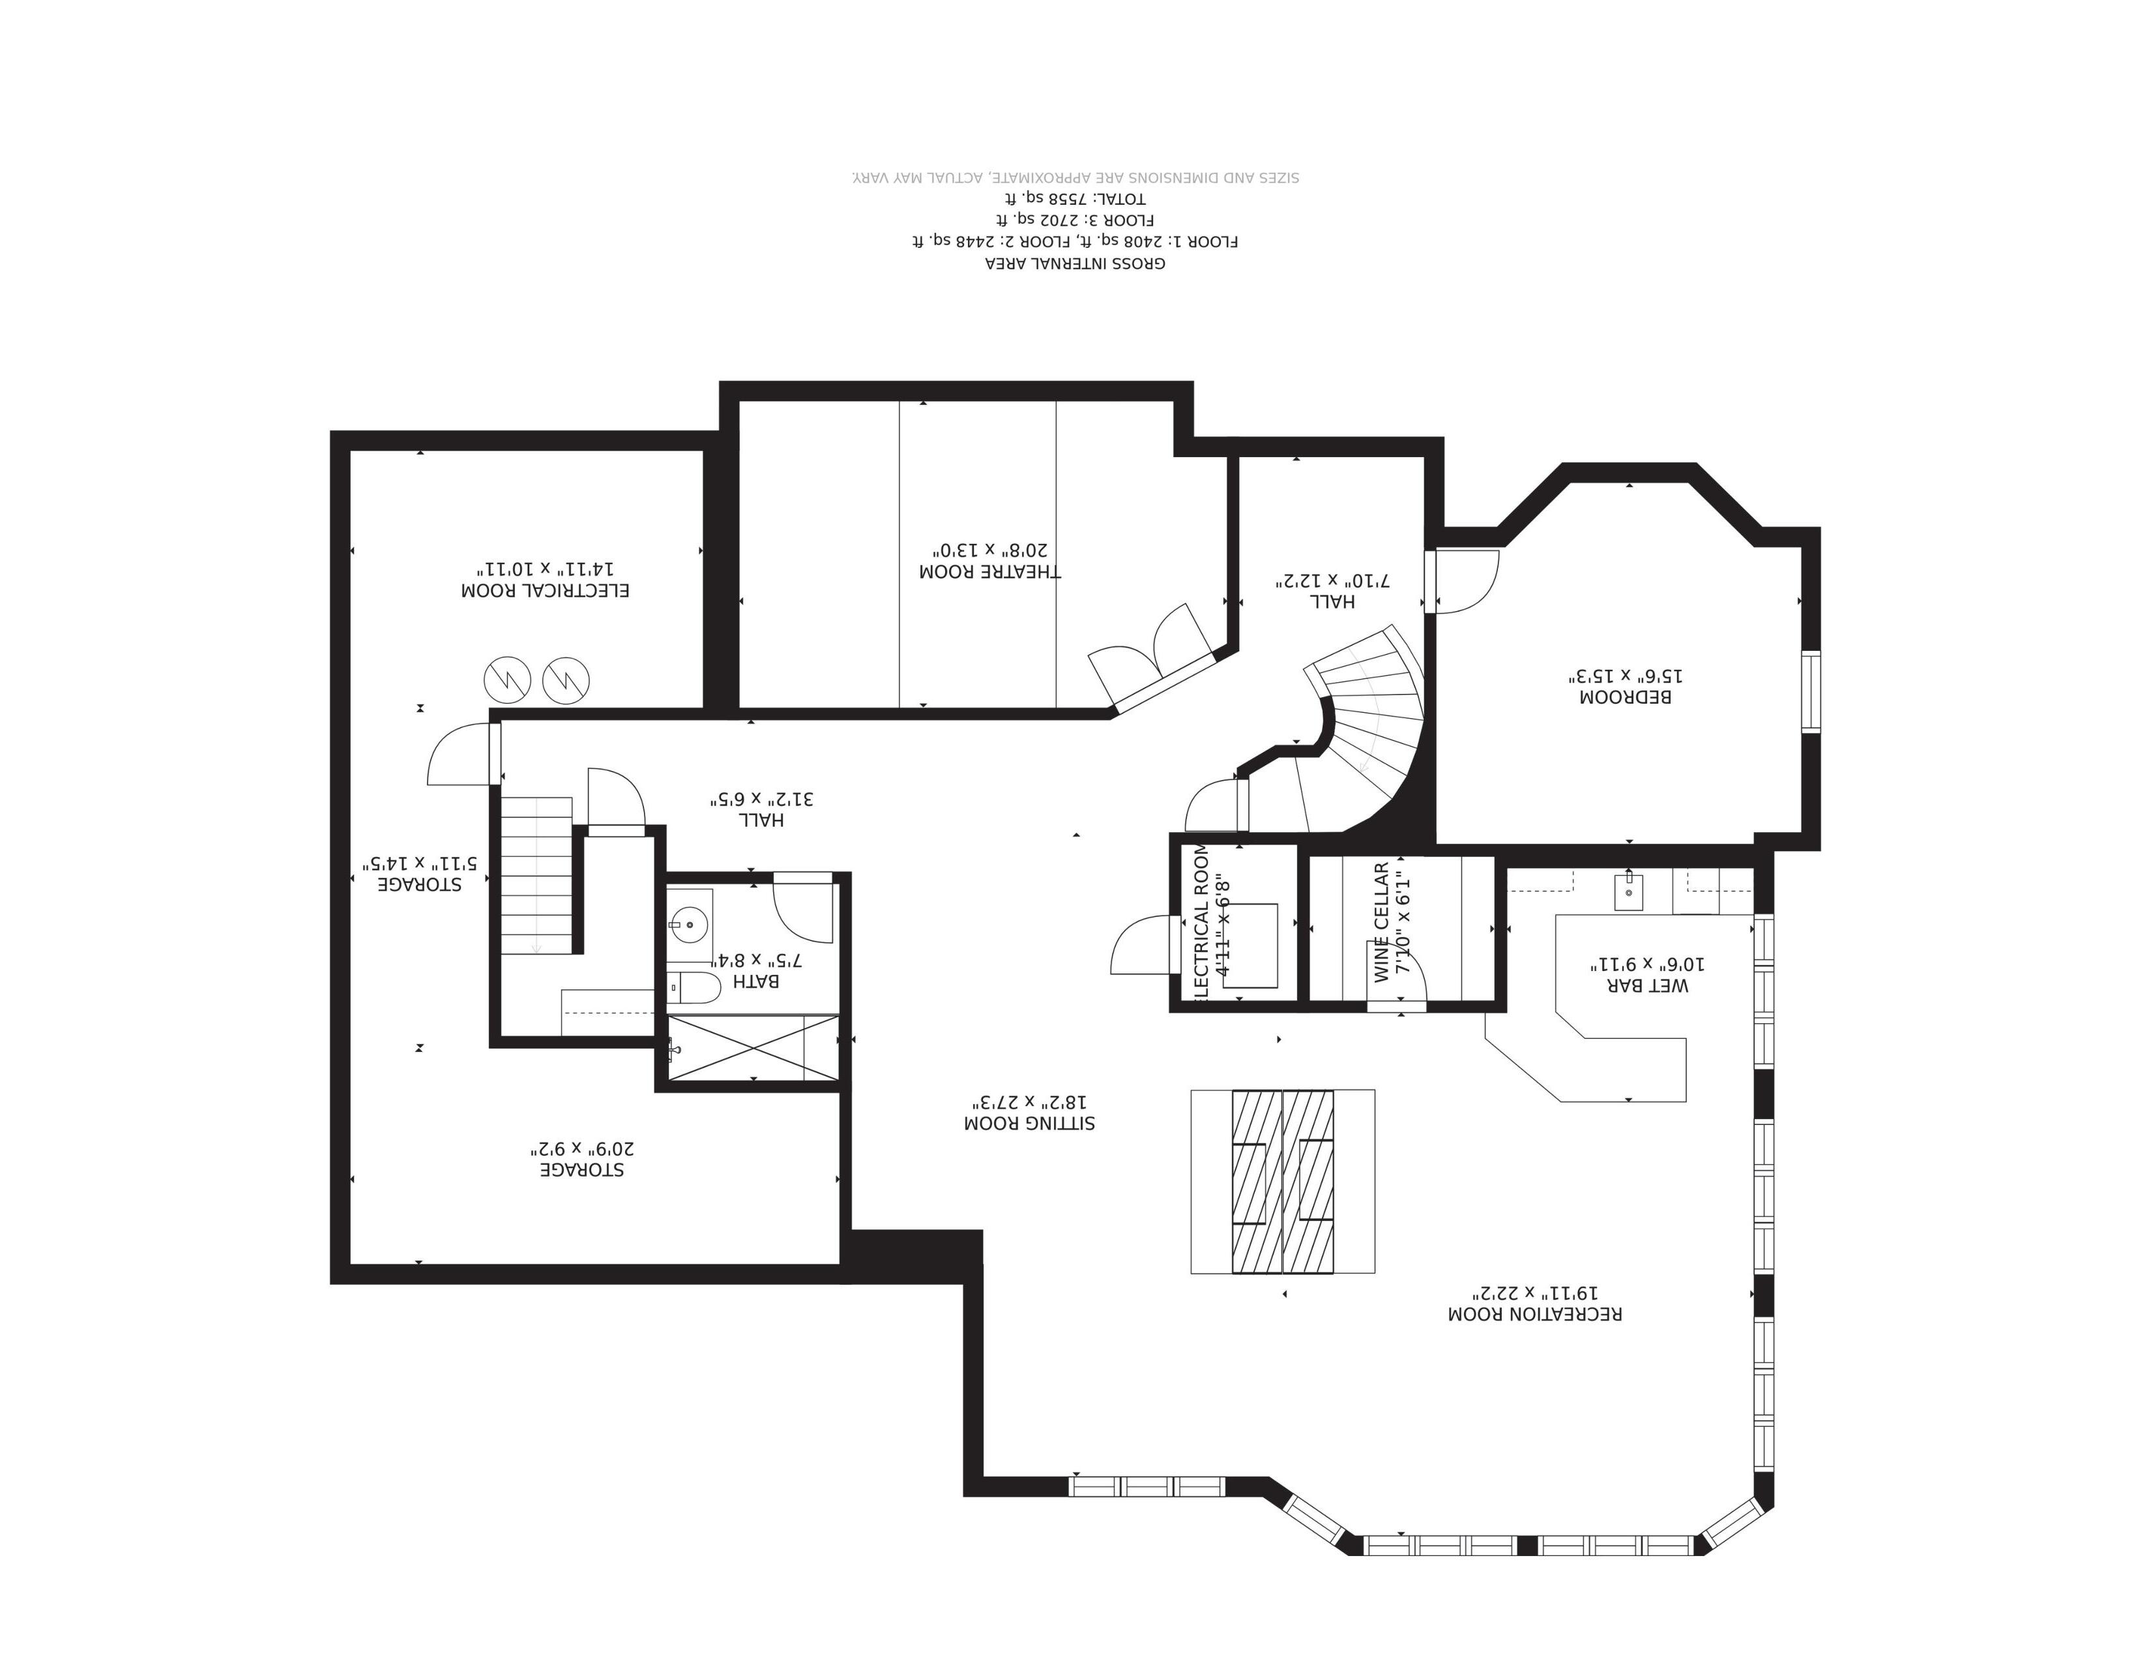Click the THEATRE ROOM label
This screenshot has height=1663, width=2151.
coord(990,571)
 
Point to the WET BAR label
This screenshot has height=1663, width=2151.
coord(1648,985)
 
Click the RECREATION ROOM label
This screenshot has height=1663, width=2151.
coord(1534,1314)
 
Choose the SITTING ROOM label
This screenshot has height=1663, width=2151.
coord(1029,1123)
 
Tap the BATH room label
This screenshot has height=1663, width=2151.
coord(756,982)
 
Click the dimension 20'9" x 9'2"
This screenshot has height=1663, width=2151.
coord(583,1148)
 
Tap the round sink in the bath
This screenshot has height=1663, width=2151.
coord(690,925)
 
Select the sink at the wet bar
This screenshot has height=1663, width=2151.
coord(1628,893)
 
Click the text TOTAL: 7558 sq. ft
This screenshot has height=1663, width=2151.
coord(1075,199)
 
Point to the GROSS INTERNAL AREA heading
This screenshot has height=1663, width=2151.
coord(1075,263)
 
